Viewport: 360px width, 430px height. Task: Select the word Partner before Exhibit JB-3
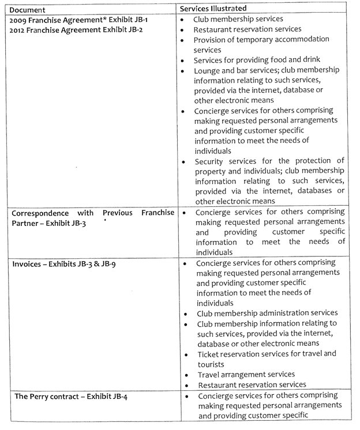(x=27, y=223)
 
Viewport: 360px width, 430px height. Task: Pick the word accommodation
(x=305, y=40)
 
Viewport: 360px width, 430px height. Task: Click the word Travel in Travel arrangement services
(x=209, y=374)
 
